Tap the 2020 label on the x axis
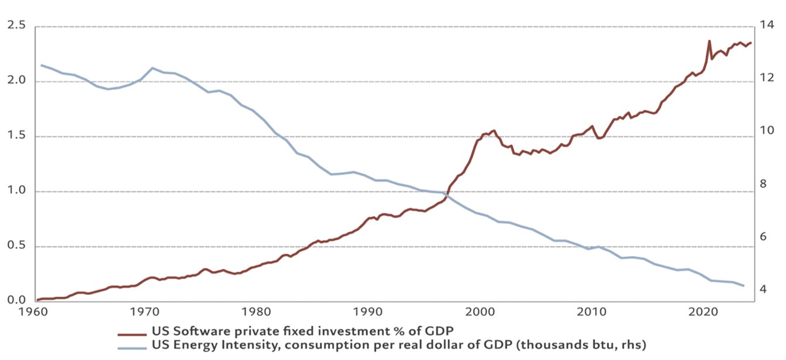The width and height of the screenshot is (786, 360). coord(704,311)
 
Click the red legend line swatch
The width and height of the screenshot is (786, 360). coord(132,333)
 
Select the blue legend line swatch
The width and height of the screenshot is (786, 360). coord(132,347)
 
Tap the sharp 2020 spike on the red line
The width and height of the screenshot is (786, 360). coord(709,41)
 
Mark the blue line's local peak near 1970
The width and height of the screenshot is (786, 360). coord(153,68)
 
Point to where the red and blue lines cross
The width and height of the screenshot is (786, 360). coord(447,194)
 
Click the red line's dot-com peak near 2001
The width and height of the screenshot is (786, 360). coord(494,131)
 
